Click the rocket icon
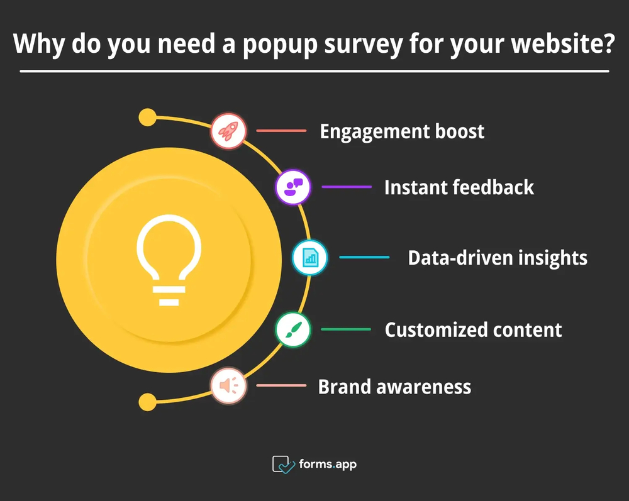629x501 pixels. pyautogui.click(x=227, y=131)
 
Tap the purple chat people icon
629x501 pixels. pyautogui.click(x=293, y=187)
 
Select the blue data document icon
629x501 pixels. pyautogui.click(x=309, y=257)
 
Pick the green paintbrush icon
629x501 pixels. pyautogui.click(x=293, y=329)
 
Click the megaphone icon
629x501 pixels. pyautogui.click(x=228, y=385)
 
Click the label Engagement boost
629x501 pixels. pyautogui.click(x=402, y=131)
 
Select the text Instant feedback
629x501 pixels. pyautogui.click(x=459, y=187)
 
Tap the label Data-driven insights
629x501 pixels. pyautogui.click(x=498, y=257)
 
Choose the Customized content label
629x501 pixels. pyautogui.click(x=473, y=329)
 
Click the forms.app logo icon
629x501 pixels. pyautogui.click(x=283, y=465)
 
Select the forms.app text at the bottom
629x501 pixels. pyautogui.click(x=328, y=465)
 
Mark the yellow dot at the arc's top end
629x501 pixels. pyautogui.click(x=147, y=118)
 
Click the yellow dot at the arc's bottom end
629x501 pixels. pyautogui.click(x=147, y=402)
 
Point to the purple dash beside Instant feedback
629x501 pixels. pyautogui.click(x=347, y=187)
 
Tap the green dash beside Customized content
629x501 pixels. pyautogui.click(x=346, y=329)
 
